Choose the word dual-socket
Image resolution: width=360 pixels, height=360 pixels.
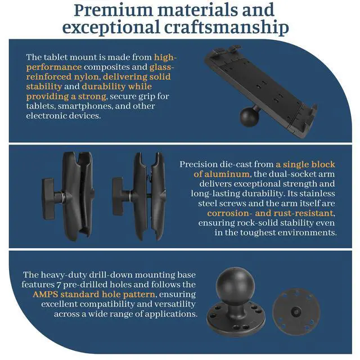pyautogui.click(x=262, y=174)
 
